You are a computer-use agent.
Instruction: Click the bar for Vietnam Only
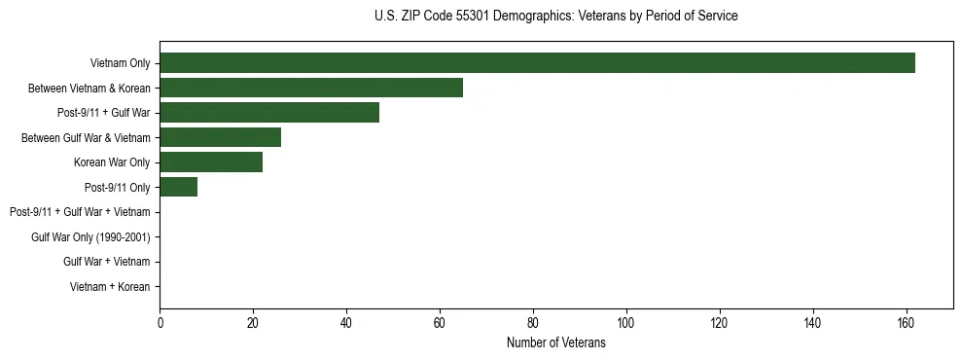(x=537, y=63)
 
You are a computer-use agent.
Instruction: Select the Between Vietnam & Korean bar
(x=311, y=88)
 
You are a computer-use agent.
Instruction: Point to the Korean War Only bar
(x=211, y=162)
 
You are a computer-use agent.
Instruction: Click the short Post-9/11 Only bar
(x=179, y=187)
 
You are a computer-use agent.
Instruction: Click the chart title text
(x=555, y=17)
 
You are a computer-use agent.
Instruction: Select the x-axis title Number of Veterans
(x=555, y=342)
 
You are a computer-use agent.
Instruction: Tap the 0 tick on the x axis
(x=160, y=323)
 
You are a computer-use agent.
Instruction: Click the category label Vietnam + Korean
(x=110, y=286)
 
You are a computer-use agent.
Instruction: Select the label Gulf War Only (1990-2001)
(x=90, y=236)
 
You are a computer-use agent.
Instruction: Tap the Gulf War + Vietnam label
(x=106, y=262)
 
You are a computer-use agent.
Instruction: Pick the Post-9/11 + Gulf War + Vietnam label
(x=80, y=212)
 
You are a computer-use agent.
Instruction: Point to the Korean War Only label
(x=112, y=162)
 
